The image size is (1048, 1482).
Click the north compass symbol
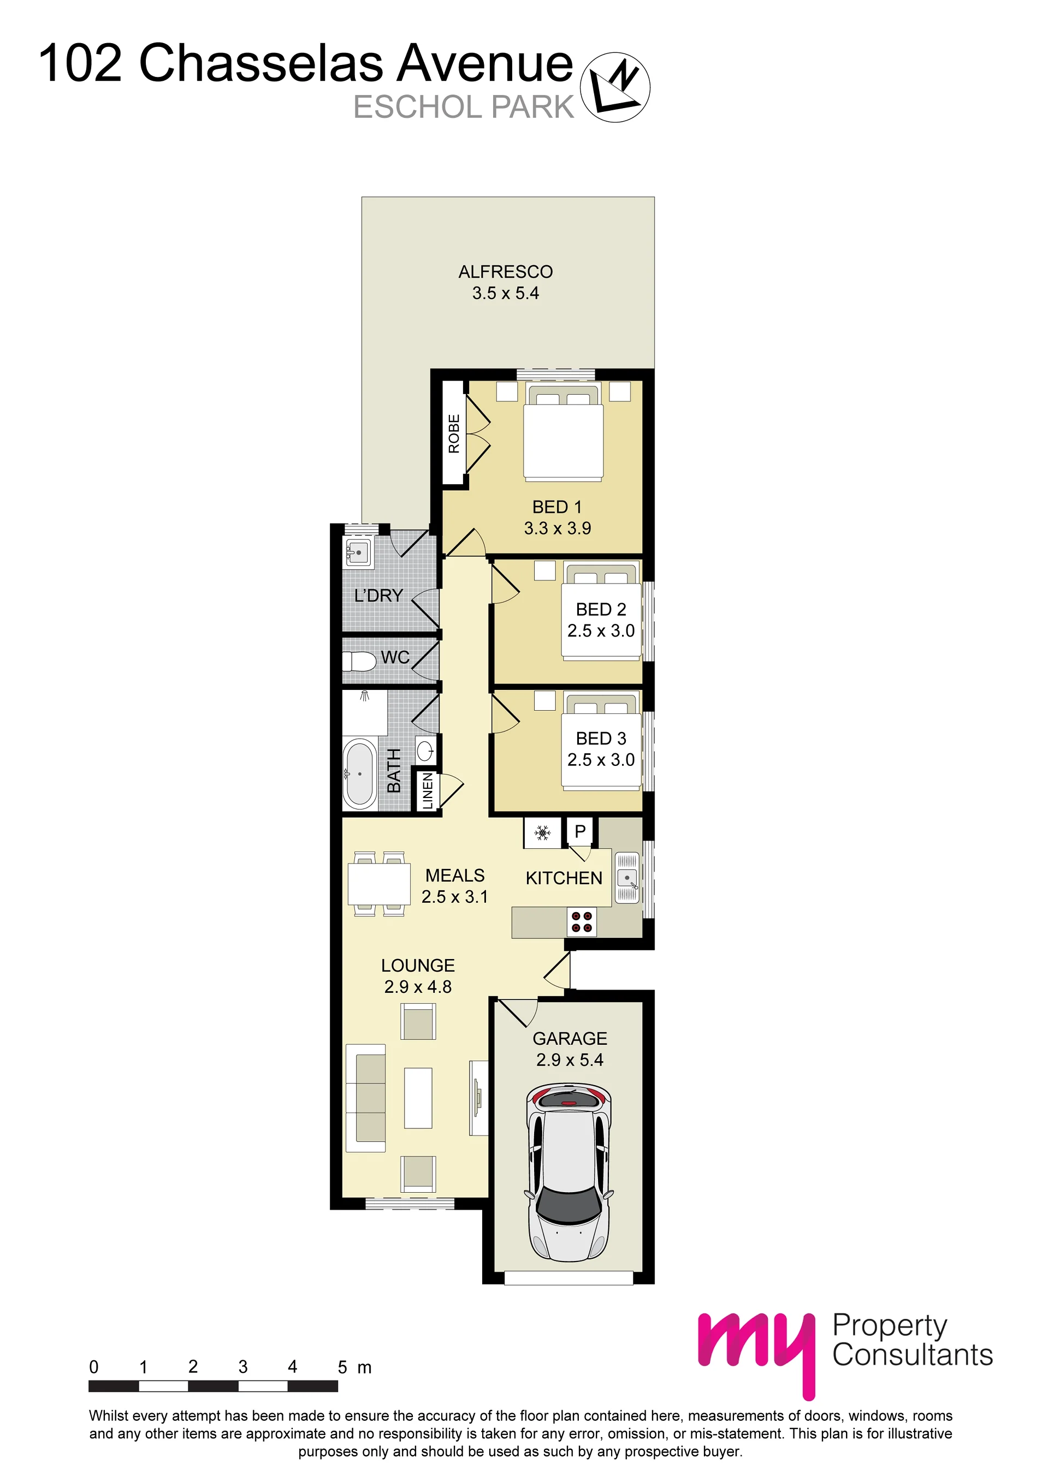(615, 87)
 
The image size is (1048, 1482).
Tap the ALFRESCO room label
(506, 272)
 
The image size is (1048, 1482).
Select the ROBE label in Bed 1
(454, 434)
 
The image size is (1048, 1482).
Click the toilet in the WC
(359, 662)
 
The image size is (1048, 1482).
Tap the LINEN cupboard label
(428, 791)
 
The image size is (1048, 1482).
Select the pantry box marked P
(580, 831)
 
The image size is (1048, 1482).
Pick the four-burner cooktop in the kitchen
(582, 922)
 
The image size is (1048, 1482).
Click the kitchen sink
(627, 878)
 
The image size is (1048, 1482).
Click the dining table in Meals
(379, 884)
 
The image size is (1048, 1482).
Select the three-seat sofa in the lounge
(366, 1098)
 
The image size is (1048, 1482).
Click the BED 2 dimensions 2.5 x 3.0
(601, 630)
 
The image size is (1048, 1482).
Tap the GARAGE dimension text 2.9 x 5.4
(570, 1060)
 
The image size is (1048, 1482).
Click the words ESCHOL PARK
(464, 107)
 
